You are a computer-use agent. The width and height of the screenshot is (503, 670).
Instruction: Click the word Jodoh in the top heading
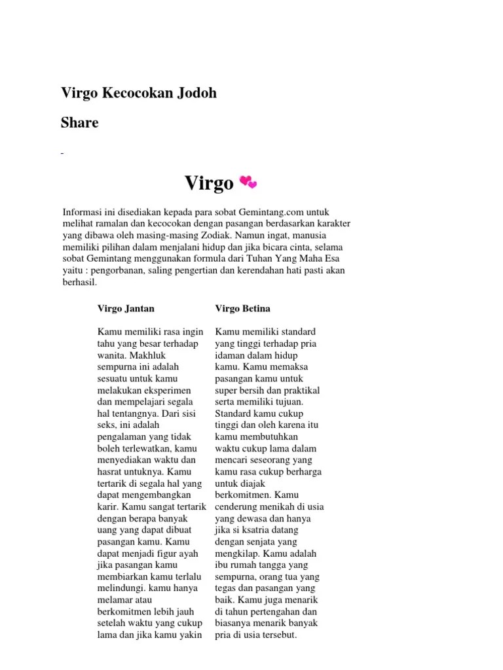(195, 94)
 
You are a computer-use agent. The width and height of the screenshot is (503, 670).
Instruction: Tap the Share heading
(80, 122)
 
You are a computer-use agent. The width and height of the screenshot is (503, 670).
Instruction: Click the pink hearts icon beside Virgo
(249, 182)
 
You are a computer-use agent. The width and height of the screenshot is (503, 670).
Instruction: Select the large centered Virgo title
(209, 183)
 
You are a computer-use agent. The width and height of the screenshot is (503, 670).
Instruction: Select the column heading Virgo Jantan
(126, 308)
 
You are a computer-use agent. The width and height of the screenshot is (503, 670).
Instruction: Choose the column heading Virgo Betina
(242, 308)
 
